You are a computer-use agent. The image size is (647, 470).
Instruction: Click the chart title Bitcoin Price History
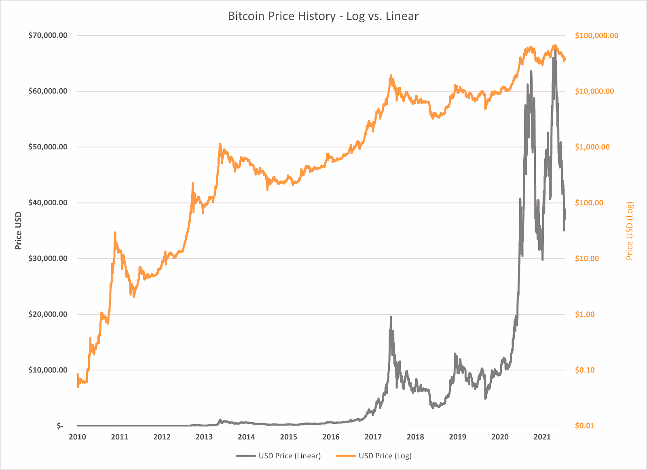pyautogui.click(x=323, y=16)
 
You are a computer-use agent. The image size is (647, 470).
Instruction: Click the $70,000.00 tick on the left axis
pyautogui.click(x=48, y=35)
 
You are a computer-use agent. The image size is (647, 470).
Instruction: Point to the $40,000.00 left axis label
pyautogui.click(x=48, y=202)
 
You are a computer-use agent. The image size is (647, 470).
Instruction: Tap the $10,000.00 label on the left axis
pyautogui.click(x=48, y=370)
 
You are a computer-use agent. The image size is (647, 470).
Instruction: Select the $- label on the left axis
pyautogui.click(x=60, y=425)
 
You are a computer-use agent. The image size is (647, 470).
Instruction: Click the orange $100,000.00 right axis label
pyautogui.click(x=596, y=36)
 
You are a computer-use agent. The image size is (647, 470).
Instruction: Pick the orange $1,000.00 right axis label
pyautogui.click(x=592, y=147)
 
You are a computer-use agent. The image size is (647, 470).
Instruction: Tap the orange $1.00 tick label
pyautogui.click(x=585, y=314)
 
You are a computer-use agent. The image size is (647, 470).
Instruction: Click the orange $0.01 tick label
pyautogui.click(x=585, y=425)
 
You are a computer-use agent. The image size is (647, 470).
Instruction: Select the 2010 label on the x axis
pyautogui.click(x=77, y=437)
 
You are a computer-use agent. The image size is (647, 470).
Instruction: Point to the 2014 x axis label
pyautogui.click(x=246, y=437)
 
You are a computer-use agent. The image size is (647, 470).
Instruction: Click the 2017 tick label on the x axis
pyautogui.click(x=373, y=437)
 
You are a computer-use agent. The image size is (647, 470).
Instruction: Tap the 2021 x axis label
pyautogui.click(x=542, y=437)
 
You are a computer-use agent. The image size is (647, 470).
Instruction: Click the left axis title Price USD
pyautogui.click(x=18, y=231)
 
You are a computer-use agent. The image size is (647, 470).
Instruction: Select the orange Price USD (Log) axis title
pyautogui.click(x=630, y=231)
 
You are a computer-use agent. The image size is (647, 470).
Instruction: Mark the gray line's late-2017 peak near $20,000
pyautogui.click(x=391, y=317)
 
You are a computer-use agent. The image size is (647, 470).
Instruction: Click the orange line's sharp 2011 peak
pyautogui.click(x=115, y=233)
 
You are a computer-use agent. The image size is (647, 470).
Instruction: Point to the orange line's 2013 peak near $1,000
pyautogui.click(x=220, y=144)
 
